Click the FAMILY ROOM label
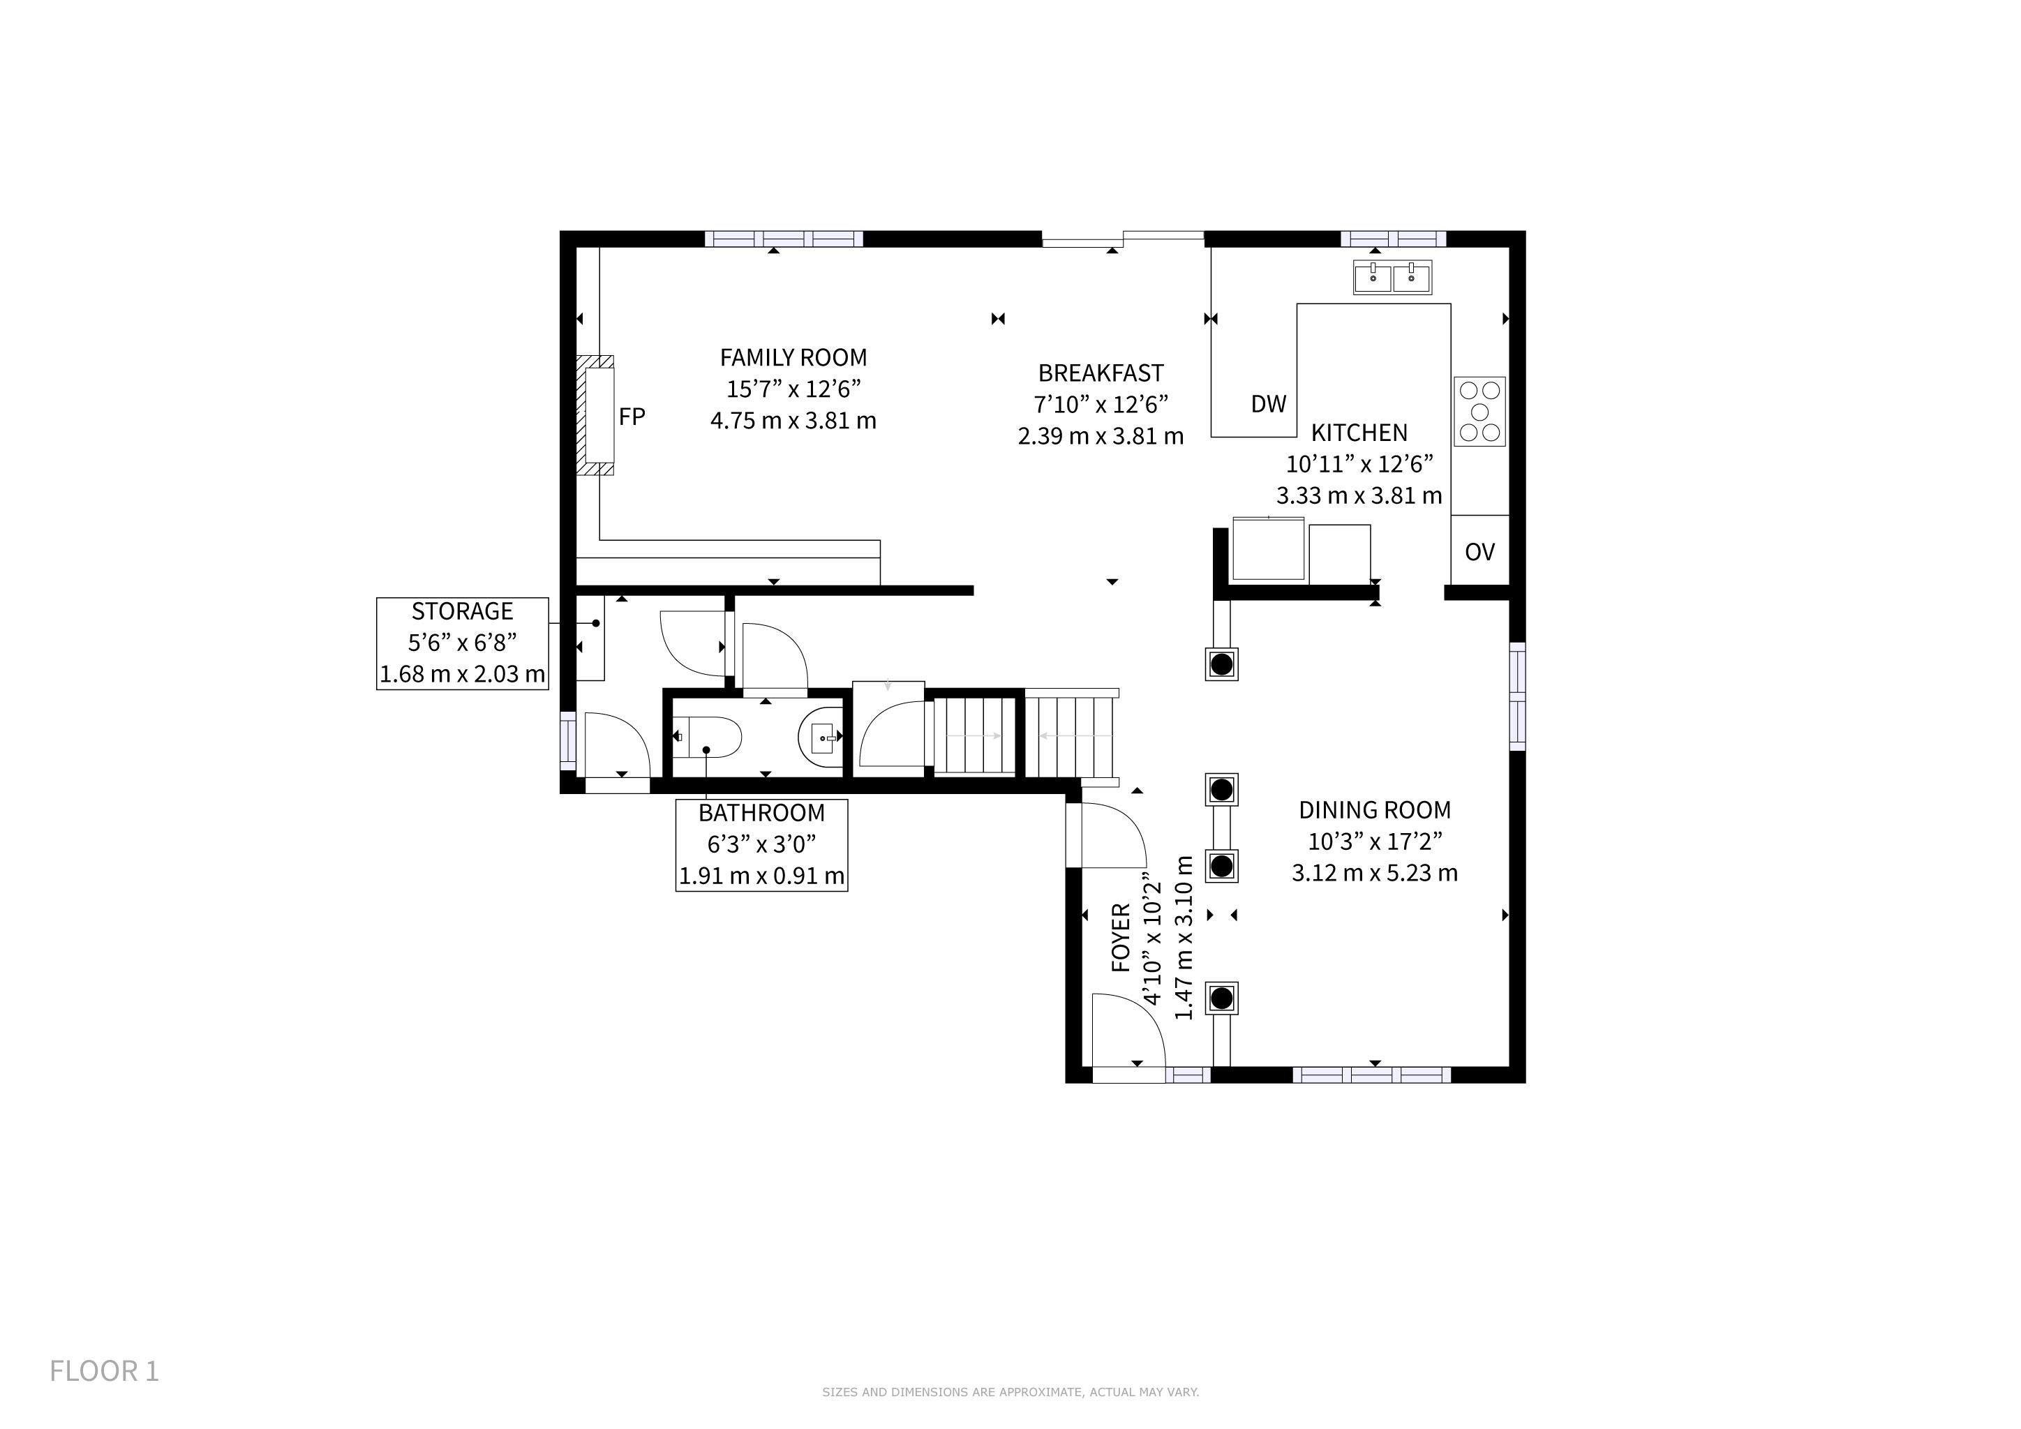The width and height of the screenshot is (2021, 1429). (x=793, y=357)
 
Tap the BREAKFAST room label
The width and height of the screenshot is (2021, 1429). (x=1101, y=373)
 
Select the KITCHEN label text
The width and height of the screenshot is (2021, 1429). (x=1359, y=433)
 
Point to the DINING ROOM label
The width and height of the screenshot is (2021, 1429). (x=1374, y=809)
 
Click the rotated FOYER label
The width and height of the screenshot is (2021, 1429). (x=1121, y=937)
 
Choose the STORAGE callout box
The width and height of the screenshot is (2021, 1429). (x=462, y=643)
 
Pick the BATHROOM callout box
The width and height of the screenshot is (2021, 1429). (x=761, y=845)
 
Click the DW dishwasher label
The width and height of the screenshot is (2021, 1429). (x=1269, y=404)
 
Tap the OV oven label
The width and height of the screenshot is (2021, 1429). (x=1479, y=552)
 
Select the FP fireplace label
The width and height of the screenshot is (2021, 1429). (x=632, y=416)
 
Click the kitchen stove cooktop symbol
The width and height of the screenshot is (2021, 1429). (x=1479, y=411)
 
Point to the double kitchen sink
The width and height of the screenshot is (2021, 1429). (x=1392, y=276)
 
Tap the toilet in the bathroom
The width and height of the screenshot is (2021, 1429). (x=706, y=737)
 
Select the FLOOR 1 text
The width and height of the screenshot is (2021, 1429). (x=104, y=1372)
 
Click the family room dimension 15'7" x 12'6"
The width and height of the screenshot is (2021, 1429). (x=793, y=389)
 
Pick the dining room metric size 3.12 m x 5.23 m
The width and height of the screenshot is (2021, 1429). (x=1374, y=873)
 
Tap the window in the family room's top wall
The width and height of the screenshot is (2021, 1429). (x=784, y=239)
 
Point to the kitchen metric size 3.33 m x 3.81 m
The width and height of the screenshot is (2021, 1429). (x=1359, y=495)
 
